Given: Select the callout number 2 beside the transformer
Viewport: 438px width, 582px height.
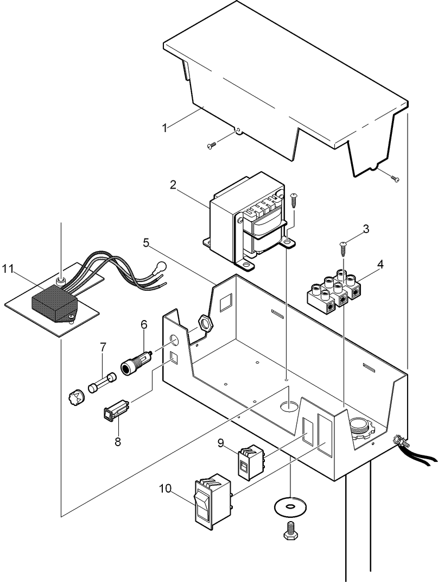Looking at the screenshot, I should click(x=173, y=185).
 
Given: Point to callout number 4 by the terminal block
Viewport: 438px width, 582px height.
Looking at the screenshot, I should click(x=380, y=265).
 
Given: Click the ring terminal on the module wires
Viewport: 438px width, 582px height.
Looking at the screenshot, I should click(x=160, y=267).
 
